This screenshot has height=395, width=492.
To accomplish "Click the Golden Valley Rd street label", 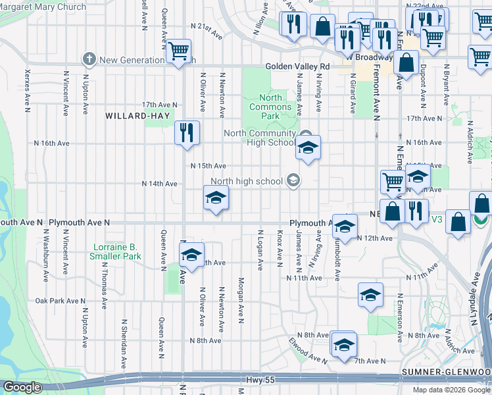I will (297, 66).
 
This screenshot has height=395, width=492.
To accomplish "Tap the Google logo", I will (22, 388).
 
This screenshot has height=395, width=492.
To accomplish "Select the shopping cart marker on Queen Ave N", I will (178, 50).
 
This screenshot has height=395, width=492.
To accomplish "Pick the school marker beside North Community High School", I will (307, 148).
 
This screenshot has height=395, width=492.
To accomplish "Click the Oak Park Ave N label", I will (58, 301).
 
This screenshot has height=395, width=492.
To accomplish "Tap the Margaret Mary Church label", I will (43, 7).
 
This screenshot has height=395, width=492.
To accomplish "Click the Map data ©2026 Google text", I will (451, 390).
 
